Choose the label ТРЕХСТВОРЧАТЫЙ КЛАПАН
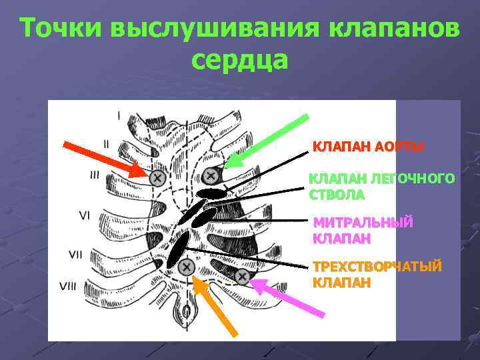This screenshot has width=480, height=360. coord(377,274)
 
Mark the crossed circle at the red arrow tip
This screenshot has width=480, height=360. coord(157,177)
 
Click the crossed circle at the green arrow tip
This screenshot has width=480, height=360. coord(211,175)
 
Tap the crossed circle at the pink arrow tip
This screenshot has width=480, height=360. coord(241,275)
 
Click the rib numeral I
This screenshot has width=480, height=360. coord(119,115)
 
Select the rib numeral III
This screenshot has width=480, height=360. coord(95,175)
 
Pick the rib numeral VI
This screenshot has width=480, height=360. coord(85,215)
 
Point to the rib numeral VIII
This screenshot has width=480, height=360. coord(68,287)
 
